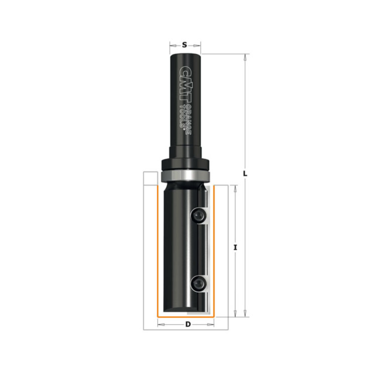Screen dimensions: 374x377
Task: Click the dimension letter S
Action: [x=184, y=45]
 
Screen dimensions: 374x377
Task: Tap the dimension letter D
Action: [x=188, y=324]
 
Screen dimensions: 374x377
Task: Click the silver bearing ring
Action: [x=185, y=175]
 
